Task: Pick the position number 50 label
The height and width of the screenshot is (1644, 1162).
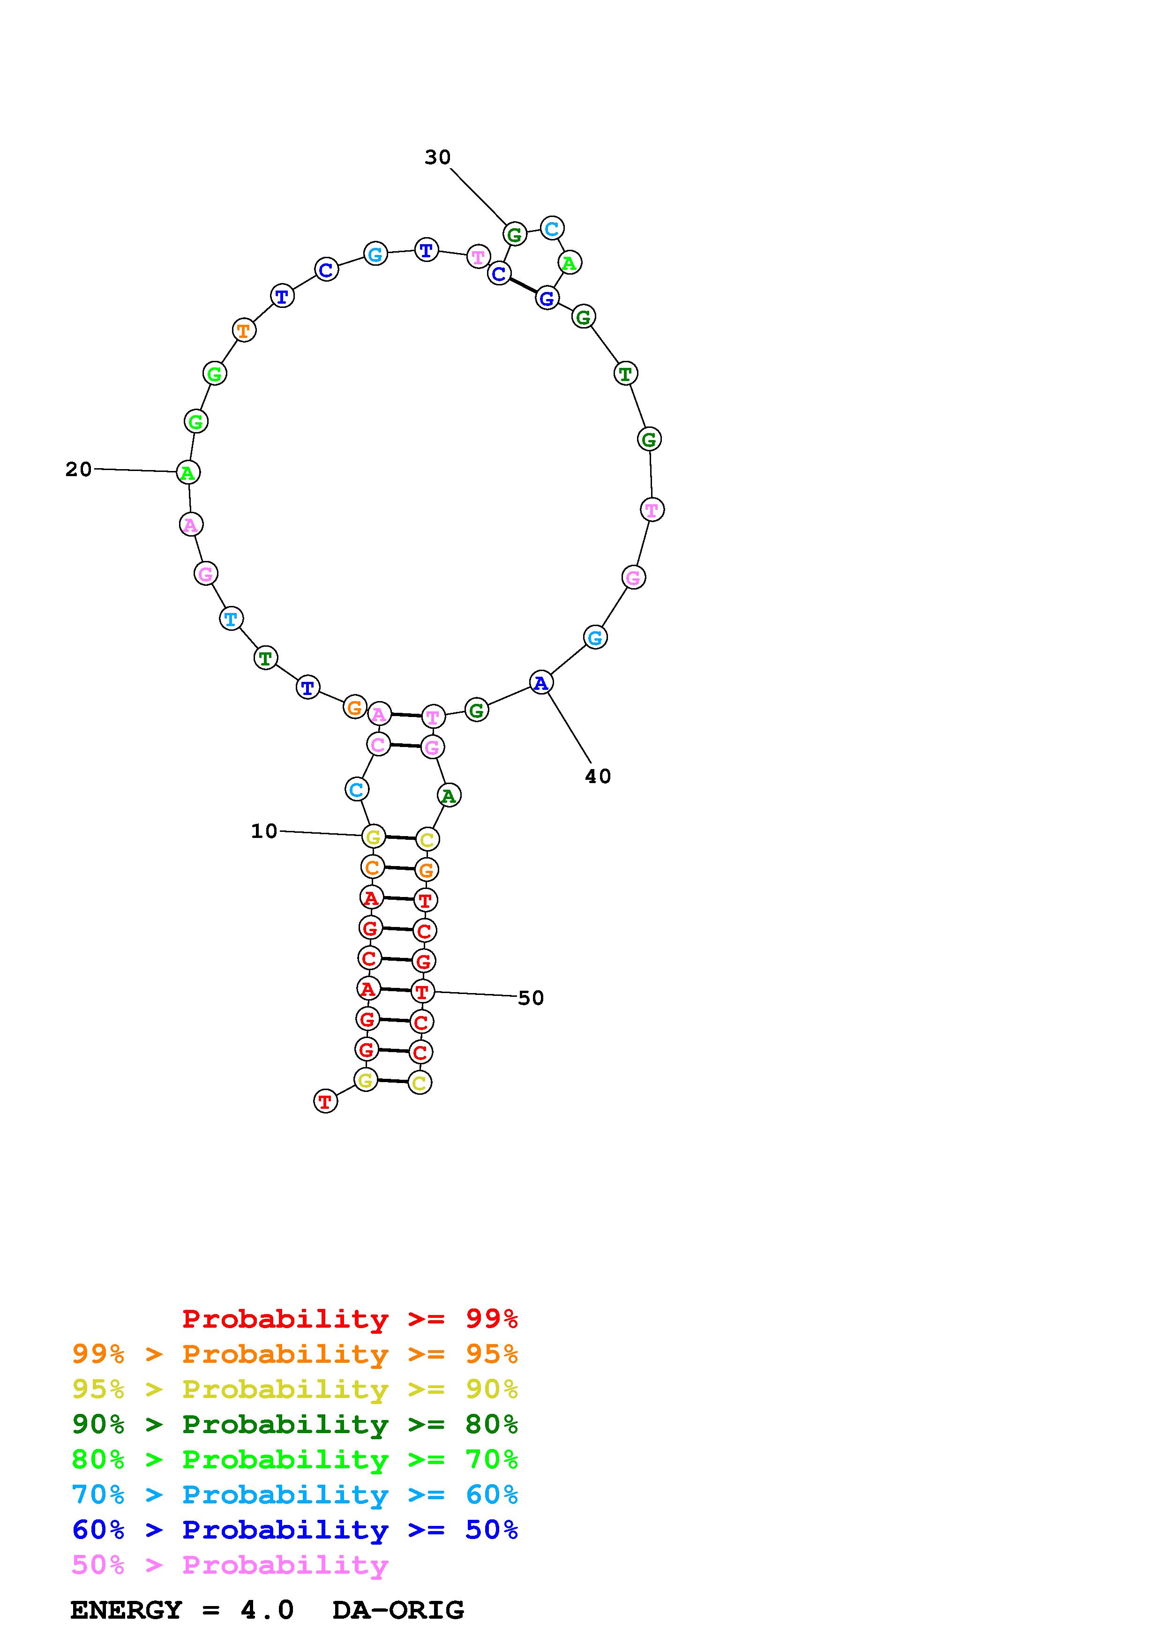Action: click(x=531, y=998)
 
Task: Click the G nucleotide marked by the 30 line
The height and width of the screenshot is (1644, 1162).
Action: click(x=514, y=234)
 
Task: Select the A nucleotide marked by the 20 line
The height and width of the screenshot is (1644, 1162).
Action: click(x=187, y=472)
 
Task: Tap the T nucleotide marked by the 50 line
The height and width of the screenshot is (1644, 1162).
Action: click(x=422, y=992)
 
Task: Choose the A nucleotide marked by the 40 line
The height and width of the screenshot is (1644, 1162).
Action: click(x=541, y=683)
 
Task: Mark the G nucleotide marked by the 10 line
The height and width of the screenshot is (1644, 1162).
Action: click(x=373, y=837)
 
